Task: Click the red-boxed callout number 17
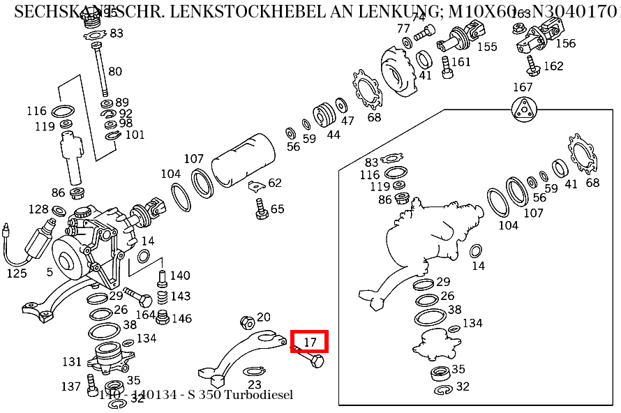[310, 342]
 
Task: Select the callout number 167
[523, 87]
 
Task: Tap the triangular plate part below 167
[523, 112]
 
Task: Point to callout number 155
[487, 47]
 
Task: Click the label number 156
[565, 43]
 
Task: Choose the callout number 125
[17, 273]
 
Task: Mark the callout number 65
[277, 209]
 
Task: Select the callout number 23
[254, 384]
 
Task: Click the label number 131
[72, 361]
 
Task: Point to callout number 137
[70, 386]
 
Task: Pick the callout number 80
[114, 71]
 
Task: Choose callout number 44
[334, 134]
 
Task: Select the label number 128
[38, 209]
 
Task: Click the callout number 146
[181, 318]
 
